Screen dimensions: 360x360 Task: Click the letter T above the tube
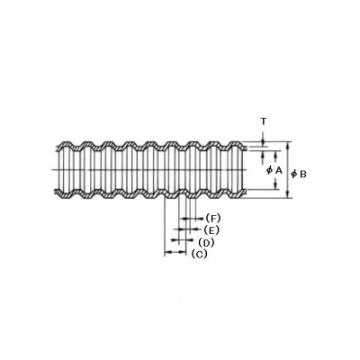tap(263, 121)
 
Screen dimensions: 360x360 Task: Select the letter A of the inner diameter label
tap(279, 170)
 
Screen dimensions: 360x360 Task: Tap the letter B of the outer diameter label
tap(303, 174)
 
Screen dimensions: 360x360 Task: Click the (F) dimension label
tap(213, 218)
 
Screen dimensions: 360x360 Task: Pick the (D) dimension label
tap(206, 242)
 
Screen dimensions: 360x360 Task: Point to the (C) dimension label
tap(199, 254)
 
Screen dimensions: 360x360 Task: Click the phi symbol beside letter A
tap(269, 170)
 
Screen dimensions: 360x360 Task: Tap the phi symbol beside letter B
tap(294, 174)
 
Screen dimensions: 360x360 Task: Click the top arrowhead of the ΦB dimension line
tap(288, 144)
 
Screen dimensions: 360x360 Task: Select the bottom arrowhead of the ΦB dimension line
tap(288, 195)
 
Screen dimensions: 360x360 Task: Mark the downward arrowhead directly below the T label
tap(263, 143)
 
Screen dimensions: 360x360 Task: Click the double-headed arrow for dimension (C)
tap(175, 253)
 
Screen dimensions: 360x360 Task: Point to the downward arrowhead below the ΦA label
tap(275, 187)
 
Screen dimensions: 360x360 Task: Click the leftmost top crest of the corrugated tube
tap(66, 142)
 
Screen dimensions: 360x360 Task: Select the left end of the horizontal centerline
tap(51, 170)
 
